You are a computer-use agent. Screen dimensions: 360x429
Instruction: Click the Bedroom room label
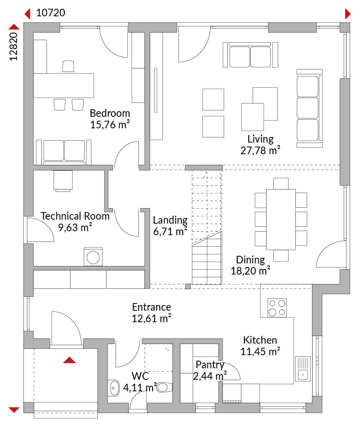[x=110, y=113]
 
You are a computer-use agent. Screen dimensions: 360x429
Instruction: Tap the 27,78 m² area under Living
[x=260, y=151]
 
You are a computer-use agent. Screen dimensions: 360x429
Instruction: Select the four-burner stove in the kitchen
[x=277, y=308]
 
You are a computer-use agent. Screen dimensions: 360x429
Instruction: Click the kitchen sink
[x=303, y=369]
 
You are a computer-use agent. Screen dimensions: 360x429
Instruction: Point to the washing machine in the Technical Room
[x=93, y=257]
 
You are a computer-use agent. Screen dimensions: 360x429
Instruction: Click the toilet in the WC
[x=164, y=387]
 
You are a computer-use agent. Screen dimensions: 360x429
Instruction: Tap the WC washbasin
[x=114, y=388]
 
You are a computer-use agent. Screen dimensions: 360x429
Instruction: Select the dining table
[x=281, y=219]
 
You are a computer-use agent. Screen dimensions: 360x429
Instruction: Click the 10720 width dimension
[x=50, y=13]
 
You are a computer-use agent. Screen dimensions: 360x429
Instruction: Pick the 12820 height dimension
[x=13, y=46]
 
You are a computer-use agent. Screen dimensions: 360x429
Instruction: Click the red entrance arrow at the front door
[x=69, y=360]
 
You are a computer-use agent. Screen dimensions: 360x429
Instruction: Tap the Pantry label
[x=210, y=365]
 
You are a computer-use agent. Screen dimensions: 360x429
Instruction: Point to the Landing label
[x=170, y=220]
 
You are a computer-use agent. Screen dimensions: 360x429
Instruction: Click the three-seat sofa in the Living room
[x=310, y=108]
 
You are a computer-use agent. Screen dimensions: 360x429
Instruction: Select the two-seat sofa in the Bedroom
[x=64, y=152]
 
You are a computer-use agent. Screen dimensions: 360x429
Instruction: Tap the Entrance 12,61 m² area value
[x=152, y=319]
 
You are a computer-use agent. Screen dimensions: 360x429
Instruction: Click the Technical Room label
[x=75, y=216]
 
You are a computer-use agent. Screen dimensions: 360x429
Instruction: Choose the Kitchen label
[x=260, y=340]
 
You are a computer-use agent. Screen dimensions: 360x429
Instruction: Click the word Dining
[x=250, y=260]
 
